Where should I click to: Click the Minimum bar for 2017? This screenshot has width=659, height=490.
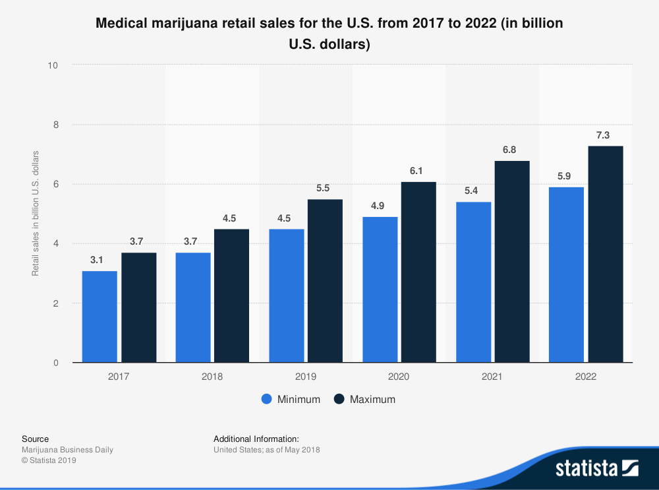[100, 317]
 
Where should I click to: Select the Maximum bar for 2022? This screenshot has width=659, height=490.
[606, 254]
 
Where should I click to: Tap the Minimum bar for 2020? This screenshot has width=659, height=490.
[380, 290]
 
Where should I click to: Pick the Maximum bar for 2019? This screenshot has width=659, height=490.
[325, 281]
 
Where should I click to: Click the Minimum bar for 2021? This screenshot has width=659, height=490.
[474, 282]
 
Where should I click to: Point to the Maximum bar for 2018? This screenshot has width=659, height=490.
[231, 295]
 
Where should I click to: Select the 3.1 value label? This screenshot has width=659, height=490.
[97, 260]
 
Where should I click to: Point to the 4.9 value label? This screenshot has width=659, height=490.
[378, 206]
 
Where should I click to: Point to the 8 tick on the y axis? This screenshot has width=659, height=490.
[55, 125]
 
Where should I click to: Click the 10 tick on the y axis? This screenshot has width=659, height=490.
[53, 65]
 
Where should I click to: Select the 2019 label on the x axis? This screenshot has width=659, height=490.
[306, 377]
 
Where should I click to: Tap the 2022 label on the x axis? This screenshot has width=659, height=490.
[585, 377]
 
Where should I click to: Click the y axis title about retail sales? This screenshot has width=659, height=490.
[36, 214]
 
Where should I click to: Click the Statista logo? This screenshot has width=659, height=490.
[596, 468]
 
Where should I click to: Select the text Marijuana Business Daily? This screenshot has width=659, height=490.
[67, 450]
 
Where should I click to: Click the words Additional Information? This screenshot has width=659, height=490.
[256, 439]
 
